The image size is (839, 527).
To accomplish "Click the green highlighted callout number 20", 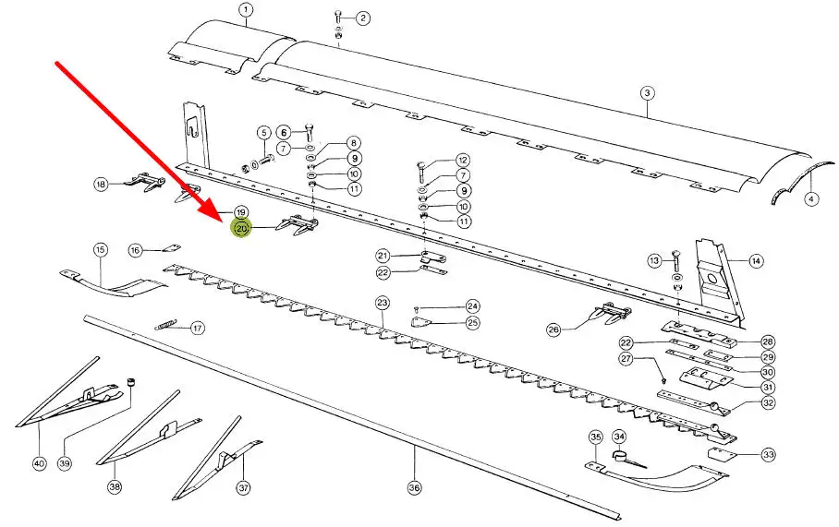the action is (241, 228).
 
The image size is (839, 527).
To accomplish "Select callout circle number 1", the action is (246, 10).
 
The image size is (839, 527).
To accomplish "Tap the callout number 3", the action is (648, 93).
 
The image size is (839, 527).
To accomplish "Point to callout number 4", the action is (811, 199).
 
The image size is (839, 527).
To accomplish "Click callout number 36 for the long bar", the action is (415, 487).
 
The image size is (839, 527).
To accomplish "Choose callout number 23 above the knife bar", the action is (382, 303).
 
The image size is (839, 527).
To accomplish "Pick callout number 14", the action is (756, 261).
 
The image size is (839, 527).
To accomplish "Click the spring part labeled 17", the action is (166, 325).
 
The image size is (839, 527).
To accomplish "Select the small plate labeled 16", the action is (172, 247).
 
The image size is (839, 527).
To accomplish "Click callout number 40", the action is (39, 463).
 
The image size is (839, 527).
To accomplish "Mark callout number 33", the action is (769, 455).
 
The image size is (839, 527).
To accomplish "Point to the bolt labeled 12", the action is (421, 172).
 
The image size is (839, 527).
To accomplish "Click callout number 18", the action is (101, 185).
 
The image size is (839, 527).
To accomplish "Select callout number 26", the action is (553, 329).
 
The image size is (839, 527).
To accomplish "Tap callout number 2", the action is (362, 18).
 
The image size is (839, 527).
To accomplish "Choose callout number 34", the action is (619, 437).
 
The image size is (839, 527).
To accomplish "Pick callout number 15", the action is (100, 249).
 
